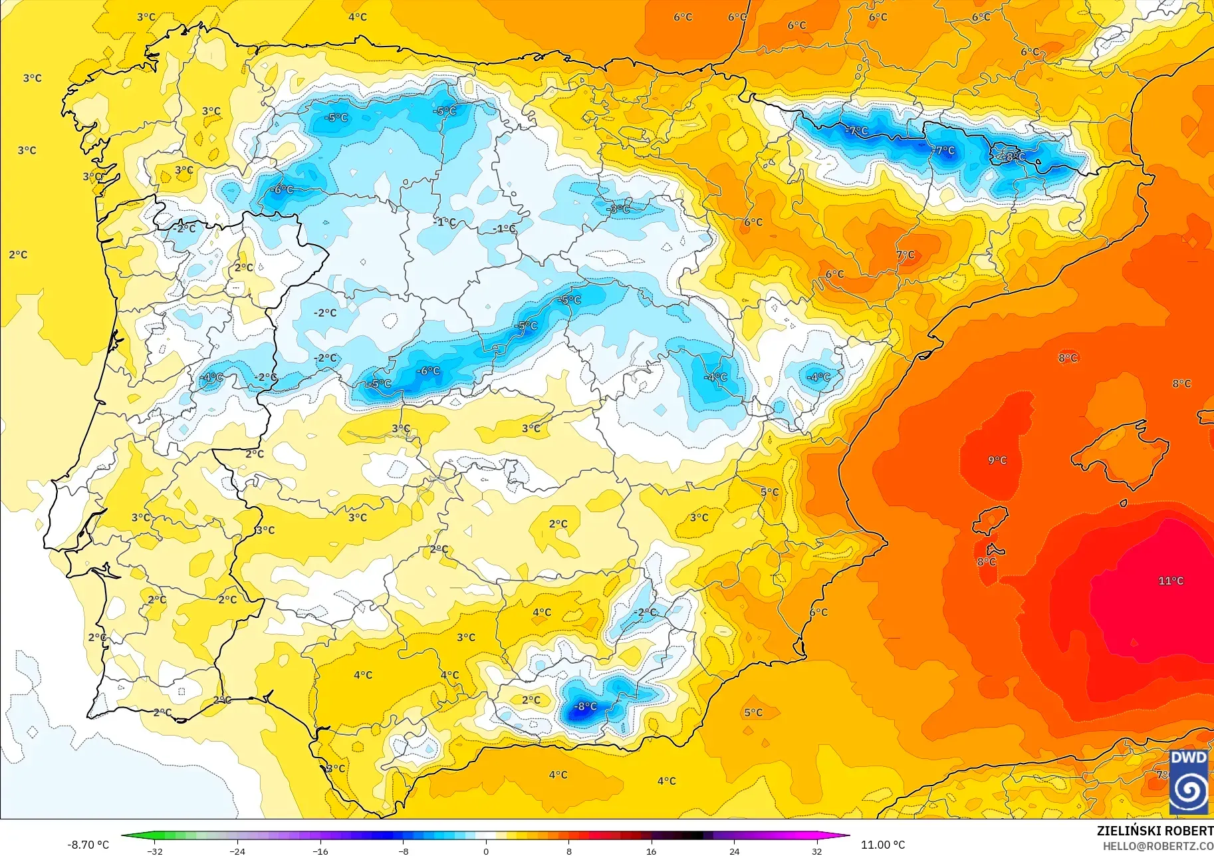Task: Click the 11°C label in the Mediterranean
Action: pos(1171,581)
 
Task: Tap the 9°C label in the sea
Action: pos(997,460)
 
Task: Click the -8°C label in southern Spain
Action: pos(585,706)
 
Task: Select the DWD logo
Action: pos(1189,782)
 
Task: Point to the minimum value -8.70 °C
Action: pos(88,845)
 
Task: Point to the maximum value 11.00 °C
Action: pos(883,845)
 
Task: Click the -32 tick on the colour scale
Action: pos(155,851)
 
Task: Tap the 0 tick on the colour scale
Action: pos(486,851)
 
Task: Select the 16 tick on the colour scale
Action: pos(651,851)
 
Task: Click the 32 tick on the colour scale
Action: pos(816,851)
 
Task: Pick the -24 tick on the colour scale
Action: pos(237,851)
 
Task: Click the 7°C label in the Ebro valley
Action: pos(906,255)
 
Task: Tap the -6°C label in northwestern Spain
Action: pos(281,190)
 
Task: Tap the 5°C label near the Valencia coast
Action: pos(769,492)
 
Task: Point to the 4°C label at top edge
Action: pos(357,17)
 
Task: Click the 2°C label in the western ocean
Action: pos(18,255)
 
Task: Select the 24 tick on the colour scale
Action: pos(734,851)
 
